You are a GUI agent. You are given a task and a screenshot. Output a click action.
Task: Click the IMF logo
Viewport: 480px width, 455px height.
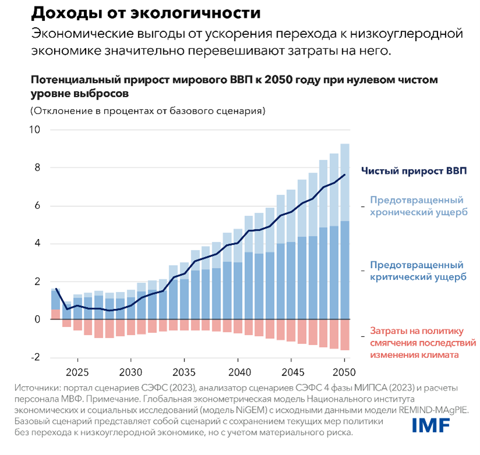(x=431, y=425)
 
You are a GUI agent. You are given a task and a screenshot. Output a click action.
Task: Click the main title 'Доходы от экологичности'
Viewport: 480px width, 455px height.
(x=137, y=13)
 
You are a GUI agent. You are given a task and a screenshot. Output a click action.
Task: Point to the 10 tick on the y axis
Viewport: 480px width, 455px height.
(x=35, y=130)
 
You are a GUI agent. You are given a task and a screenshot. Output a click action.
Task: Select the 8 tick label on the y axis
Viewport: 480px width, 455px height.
(x=37, y=168)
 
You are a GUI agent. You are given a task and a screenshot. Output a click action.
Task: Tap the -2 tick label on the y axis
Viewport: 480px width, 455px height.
(x=35, y=357)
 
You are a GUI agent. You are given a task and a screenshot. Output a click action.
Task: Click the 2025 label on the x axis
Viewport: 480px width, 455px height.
(x=77, y=372)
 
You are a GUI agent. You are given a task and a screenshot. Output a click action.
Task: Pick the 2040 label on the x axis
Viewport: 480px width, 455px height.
(x=237, y=372)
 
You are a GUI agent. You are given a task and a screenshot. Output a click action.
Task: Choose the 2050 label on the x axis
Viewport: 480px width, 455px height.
(x=343, y=372)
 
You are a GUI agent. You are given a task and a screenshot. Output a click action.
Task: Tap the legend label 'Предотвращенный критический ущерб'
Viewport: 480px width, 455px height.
(x=418, y=271)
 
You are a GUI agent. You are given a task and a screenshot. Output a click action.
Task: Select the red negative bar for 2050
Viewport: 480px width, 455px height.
(x=344, y=335)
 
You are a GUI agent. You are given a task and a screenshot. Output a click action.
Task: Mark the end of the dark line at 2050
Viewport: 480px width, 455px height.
(x=344, y=175)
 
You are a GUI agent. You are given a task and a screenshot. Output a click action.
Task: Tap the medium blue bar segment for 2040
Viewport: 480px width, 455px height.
(x=237, y=290)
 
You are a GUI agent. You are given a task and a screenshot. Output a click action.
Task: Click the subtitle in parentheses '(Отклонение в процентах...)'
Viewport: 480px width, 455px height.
(x=148, y=110)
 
